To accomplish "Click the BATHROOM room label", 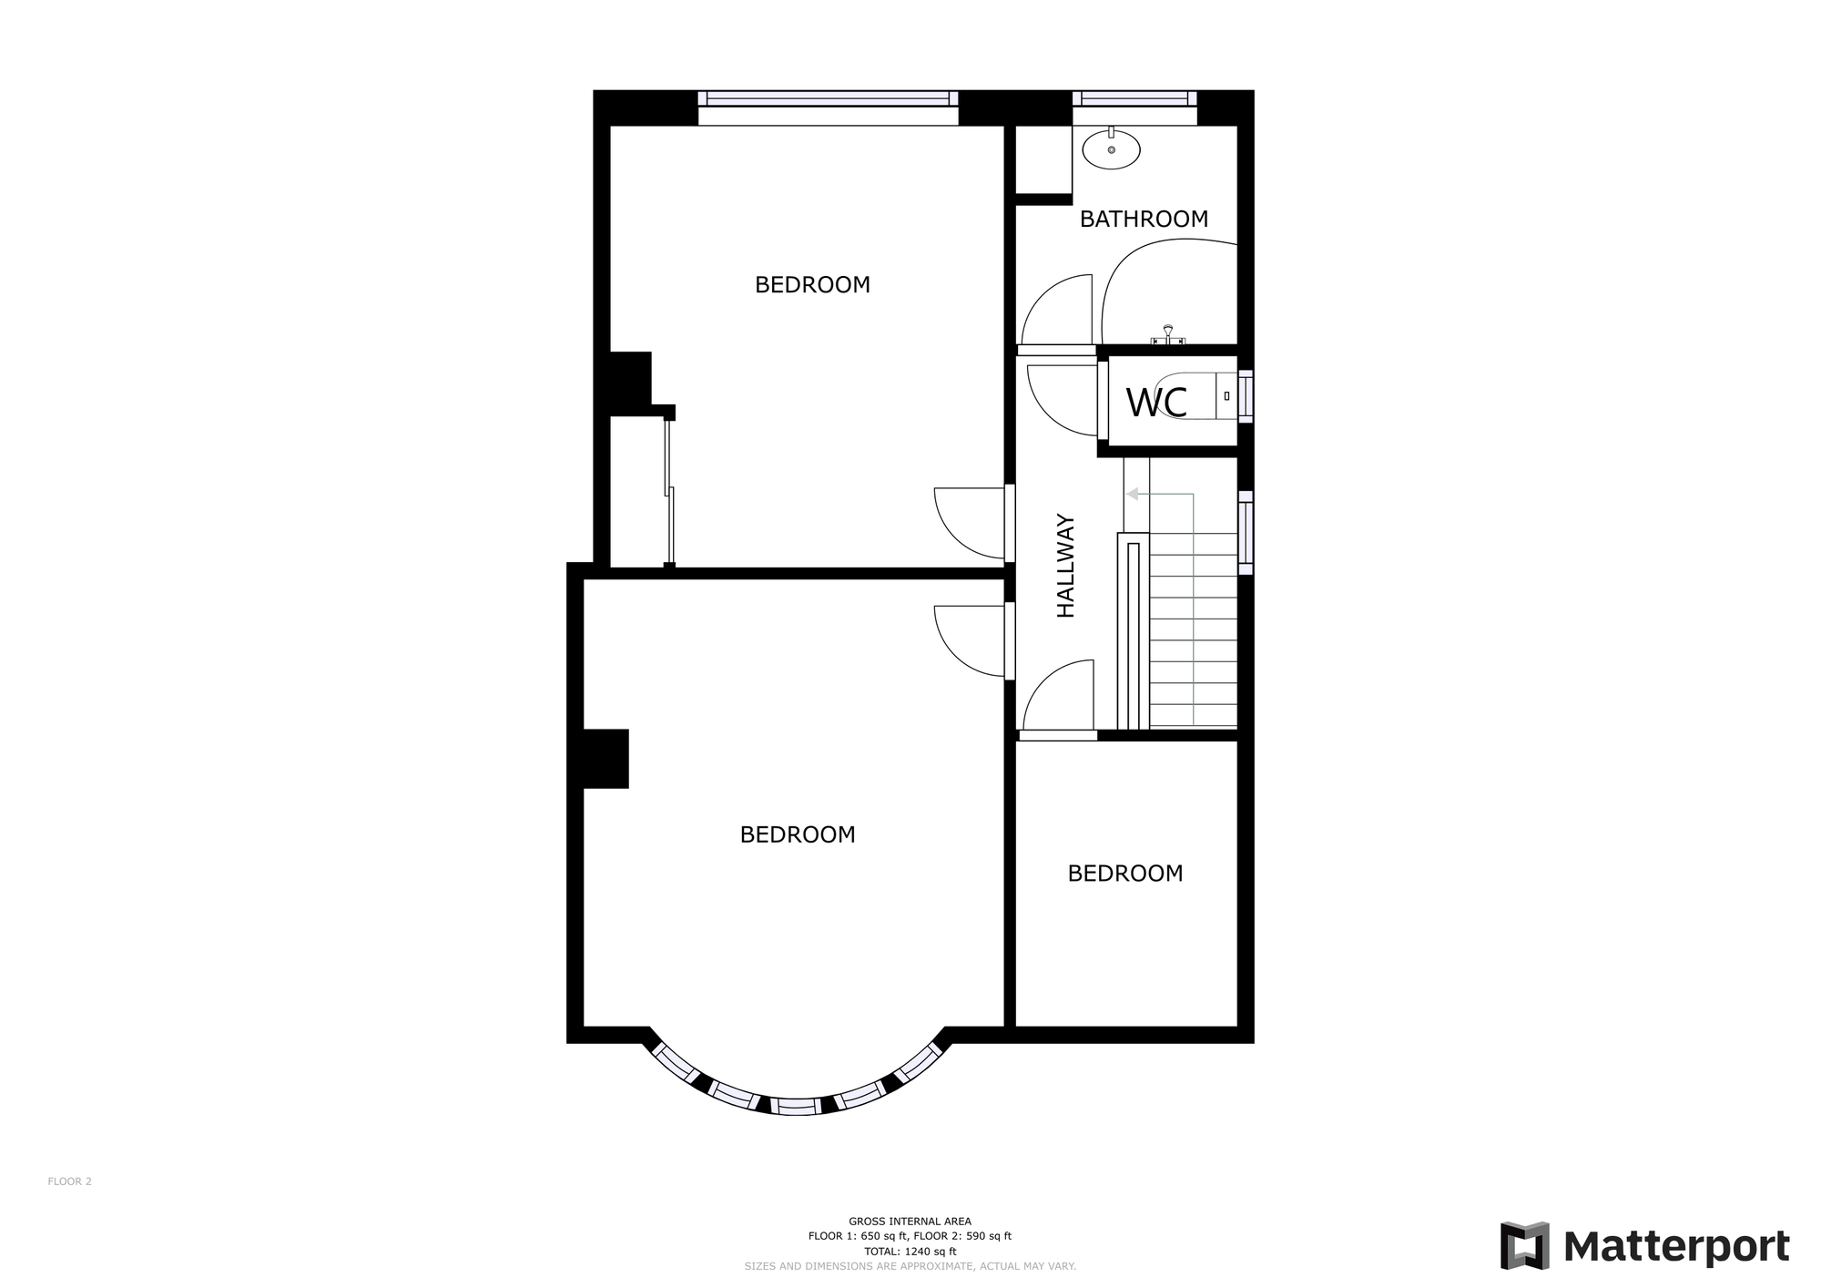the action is click(1144, 220).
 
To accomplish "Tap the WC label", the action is click(1156, 403).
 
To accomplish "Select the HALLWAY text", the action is click(1066, 566).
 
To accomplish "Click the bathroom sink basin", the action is click(1111, 149).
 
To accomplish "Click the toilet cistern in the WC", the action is click(1227, 395).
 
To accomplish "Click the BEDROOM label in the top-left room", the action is click(812, 285).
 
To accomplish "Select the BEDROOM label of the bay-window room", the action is click(798, 834).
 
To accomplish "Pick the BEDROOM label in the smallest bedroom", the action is click(1125, 874).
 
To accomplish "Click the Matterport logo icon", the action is click(1524, 1246).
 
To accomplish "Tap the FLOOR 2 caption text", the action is click(70, 1181).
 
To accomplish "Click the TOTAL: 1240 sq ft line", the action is click(910, 1252).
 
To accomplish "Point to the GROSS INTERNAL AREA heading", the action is click(910, 1222).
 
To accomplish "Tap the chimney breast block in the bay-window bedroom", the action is click(605, 758).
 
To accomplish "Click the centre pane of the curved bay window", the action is click(797, 1107).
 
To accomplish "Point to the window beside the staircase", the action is click(1246, 533).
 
